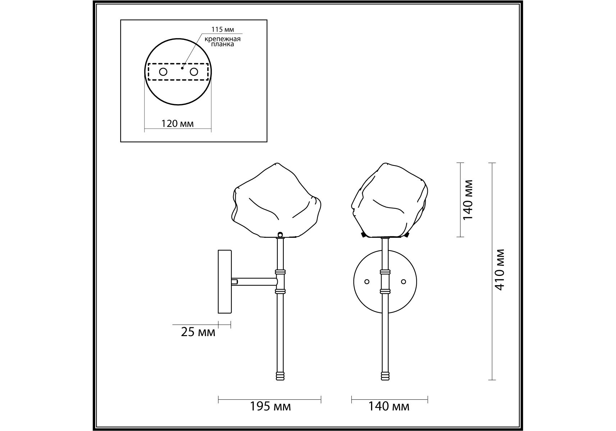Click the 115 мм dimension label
(x=223, y=30)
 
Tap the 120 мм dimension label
(x=177, y=124)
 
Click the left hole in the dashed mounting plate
(x=163, y=72)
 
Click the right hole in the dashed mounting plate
(x=194, y=72)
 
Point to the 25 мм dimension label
(x=198, y=332)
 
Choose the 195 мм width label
(x=270, y=407)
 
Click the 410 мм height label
(x=500, y=270)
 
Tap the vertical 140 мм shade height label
(x=468, y=200)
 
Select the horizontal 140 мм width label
(x=389, y=407)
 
